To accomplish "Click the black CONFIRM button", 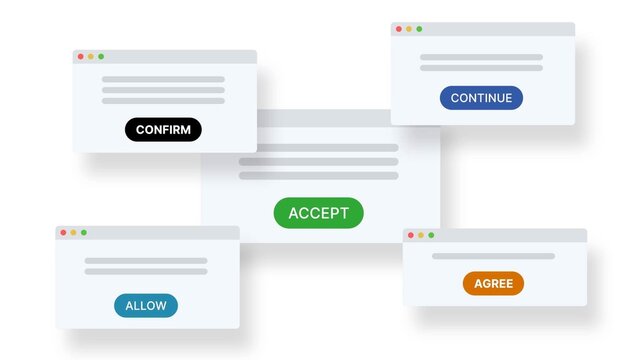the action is (163, 129).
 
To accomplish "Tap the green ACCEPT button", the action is (318, 212).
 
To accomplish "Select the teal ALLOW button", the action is (146, 306).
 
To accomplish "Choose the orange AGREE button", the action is (493, 283).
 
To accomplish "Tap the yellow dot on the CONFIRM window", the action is (90, 56).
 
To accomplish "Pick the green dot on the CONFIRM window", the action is (101, 56).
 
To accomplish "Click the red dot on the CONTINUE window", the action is (398, 29).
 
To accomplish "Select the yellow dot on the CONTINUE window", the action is (408, 29).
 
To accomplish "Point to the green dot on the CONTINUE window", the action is (419, 29).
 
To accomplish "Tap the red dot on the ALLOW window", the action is (63, 232).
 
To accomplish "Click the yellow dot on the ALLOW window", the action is (73, 232).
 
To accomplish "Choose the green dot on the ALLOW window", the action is (84, 232).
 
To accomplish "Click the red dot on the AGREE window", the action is (410, 235).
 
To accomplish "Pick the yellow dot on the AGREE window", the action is (420, 235).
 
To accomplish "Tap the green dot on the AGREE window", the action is (431, 235).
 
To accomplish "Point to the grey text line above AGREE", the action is (493, 256).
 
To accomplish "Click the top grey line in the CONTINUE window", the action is (481, 57).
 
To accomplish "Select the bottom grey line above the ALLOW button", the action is (146, 271).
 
